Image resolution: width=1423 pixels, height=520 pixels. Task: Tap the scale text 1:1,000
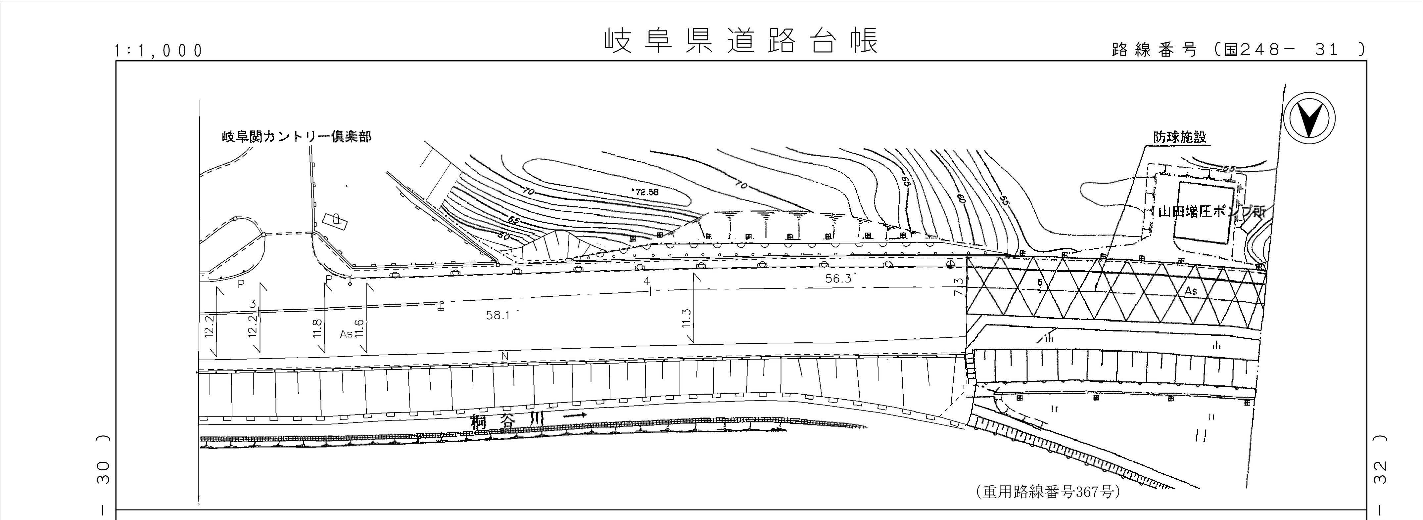pyautogui.click(x=159, y=51)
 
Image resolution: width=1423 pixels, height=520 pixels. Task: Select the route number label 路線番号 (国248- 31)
pyautogui.click(x=1229, y=50)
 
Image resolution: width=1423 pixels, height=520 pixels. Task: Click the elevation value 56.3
pyautogui.click(x=838, y=279)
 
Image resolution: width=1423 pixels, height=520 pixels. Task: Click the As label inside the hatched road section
pyautogui.click(x=1190, y=290)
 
